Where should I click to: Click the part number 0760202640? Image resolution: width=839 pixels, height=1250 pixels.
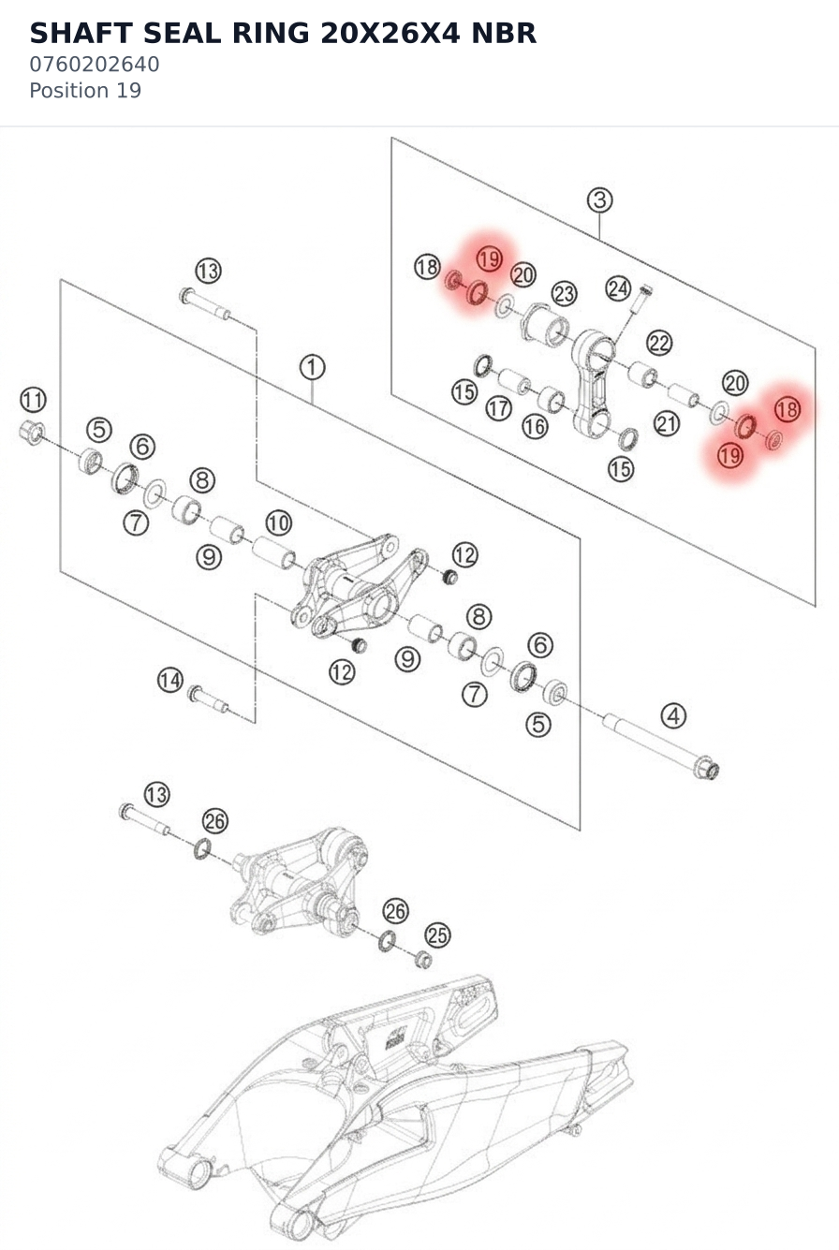(x=95, y=65)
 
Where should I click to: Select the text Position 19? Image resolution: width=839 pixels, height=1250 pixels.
(x=85, y=91)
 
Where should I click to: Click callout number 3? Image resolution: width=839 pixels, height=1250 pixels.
(x=600, y=199)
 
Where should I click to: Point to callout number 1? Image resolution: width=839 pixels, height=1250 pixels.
(x=312, y=368)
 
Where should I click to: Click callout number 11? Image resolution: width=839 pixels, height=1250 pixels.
(x=33, y=400)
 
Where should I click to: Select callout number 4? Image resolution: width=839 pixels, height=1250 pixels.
(x=673, y=715)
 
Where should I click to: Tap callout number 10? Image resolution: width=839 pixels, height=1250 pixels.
(x=278, y=522)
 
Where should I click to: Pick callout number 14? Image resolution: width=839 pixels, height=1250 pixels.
(x=170, y=681)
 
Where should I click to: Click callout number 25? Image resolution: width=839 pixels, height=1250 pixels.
(x=437, y=934)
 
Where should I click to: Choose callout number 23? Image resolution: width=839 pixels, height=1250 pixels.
(x=565, y=293)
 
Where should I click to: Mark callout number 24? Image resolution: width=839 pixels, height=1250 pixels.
(x=619, y=288)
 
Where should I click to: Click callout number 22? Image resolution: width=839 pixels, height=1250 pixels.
(x=659, y=344)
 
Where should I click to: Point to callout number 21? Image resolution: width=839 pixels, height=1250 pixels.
(x=667, y=424)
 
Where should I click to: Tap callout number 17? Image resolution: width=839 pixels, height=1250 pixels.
(x=498, y=409)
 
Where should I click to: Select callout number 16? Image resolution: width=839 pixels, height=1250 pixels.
(x=535, y=427)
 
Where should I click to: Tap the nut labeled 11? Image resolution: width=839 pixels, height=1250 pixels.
(x=32, y=433)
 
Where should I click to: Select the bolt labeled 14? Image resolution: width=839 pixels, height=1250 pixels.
(x=208, y=699)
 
